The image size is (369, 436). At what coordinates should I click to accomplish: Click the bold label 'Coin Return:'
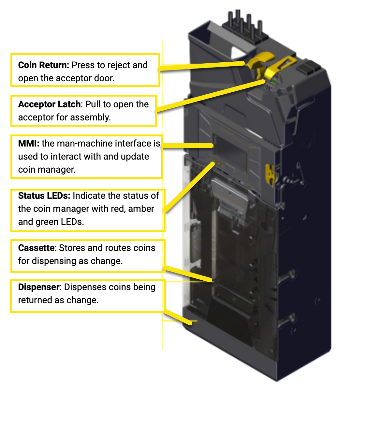pyautogui.click(x=43, y=65)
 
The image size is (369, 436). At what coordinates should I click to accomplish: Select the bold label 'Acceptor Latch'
pyautogui.click(x=49, y=104)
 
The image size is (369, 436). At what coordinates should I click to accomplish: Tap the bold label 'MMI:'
pyautogui.click(x=29, y=144)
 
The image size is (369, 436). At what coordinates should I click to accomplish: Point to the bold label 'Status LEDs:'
pyautogui.click(x=44, y=196)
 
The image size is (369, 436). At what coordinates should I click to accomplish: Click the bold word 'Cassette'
pyautogui.click(x=36, y=248)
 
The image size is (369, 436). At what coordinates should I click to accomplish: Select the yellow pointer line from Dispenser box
pyautogui.click(x=178, y=317)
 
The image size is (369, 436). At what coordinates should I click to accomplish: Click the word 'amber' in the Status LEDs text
pyautogui.click(x=141, y=209)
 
